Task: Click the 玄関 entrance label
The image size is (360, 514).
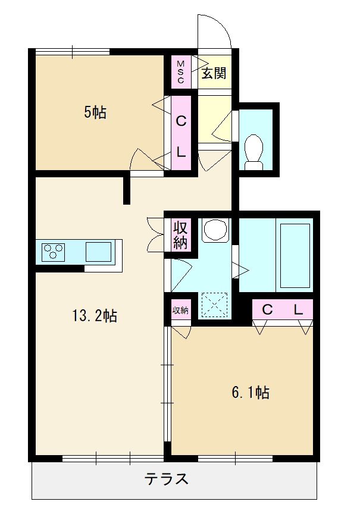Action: click(x=214, y=73)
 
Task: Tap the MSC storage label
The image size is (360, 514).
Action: click(x=181, y=72)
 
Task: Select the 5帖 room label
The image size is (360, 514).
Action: click(x=95, y=112)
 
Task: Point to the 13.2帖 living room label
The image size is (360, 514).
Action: click(x=95, y=316)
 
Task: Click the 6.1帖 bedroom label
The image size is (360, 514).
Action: click(x=251, y=392)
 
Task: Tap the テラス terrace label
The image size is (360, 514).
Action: click(x=167, y=479)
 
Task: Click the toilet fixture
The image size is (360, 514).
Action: click(x=254, y=152)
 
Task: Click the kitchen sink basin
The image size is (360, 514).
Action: click(x=98, y=252)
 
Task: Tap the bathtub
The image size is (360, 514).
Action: click(x=295, y=256)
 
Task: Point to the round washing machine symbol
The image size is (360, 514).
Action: click(x=215, y=230)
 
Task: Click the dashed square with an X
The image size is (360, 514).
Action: click(x=214, y=305)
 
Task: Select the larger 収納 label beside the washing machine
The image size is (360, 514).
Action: click(x=180, y=235)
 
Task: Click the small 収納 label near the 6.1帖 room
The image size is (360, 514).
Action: click(x=180, y=310)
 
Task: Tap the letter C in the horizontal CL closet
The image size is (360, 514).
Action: click(x=268, y=309)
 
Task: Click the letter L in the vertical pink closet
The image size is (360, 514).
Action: click(x=181, y=152)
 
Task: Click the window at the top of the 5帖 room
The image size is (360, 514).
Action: click(x=73, y=52)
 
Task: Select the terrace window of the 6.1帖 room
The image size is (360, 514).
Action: click(x=236, y=458)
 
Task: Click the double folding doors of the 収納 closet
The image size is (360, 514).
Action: click(x=156, y=234)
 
